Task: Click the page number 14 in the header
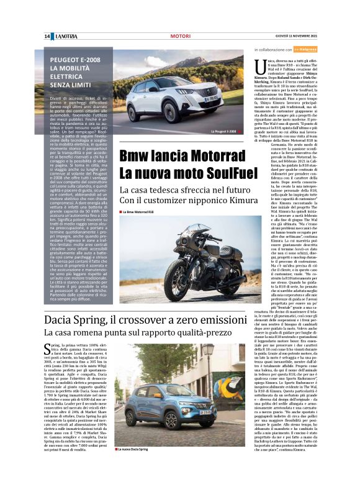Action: click(x=47, y=36)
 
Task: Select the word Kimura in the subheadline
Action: click(x=227, y=200)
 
